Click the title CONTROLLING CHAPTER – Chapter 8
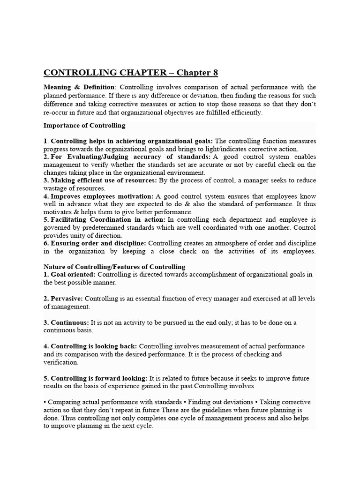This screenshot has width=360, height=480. (131, 73)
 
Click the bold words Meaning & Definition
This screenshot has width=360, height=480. (79, 87)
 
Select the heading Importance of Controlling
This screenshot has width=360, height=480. (84, 125)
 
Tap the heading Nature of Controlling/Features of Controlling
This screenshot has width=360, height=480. (114, 267)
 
